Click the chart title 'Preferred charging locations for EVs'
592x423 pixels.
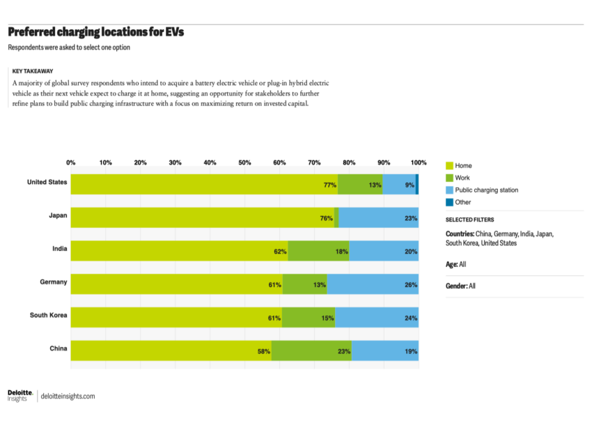pos(95,32)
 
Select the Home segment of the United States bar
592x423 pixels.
pos(202,185)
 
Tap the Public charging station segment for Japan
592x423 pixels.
pos(378,217)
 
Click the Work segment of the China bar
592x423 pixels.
pos(311,351)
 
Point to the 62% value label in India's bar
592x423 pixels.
pos(280,251)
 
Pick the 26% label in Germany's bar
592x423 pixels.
pos(411,284)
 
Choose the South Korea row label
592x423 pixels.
pos(48,315)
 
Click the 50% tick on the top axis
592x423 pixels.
pos(244,162)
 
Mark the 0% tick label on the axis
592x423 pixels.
pos(71,162)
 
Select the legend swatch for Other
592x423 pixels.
pos(449,202)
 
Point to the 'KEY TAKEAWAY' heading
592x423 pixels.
pos(33,70)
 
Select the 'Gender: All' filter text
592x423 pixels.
pos(460,286)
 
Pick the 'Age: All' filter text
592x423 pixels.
pos(455,264)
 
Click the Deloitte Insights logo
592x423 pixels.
pos(20,395)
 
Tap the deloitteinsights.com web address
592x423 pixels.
pos(68,396)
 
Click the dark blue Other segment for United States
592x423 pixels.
pos(416,185)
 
